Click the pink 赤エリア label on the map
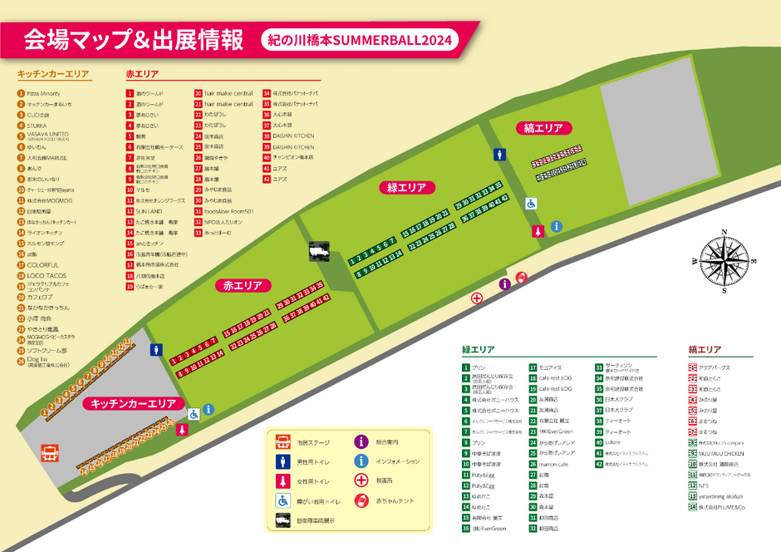pos(243,285)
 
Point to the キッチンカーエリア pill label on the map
pos(133,403)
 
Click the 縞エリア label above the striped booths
pos(544,128)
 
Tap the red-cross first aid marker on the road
pos(477,298)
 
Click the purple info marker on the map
pos(504,284)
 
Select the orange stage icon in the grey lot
pos(51,454)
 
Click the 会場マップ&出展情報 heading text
pos(133,38)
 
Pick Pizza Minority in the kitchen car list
pos(44,93)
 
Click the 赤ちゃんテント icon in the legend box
pos(361,500)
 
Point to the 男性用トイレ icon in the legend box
pos(283,461)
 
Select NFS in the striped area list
pos(703,485)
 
